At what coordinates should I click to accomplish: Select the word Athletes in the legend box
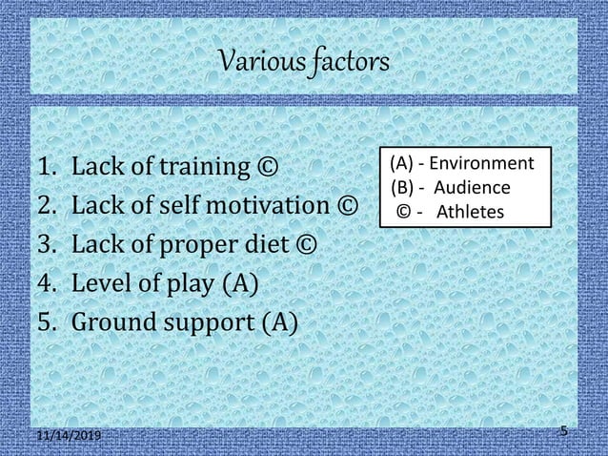[x=470, y=211]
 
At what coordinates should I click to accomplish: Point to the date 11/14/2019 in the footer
[x=69, y=435]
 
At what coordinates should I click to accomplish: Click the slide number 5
[x=564, y=431]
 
